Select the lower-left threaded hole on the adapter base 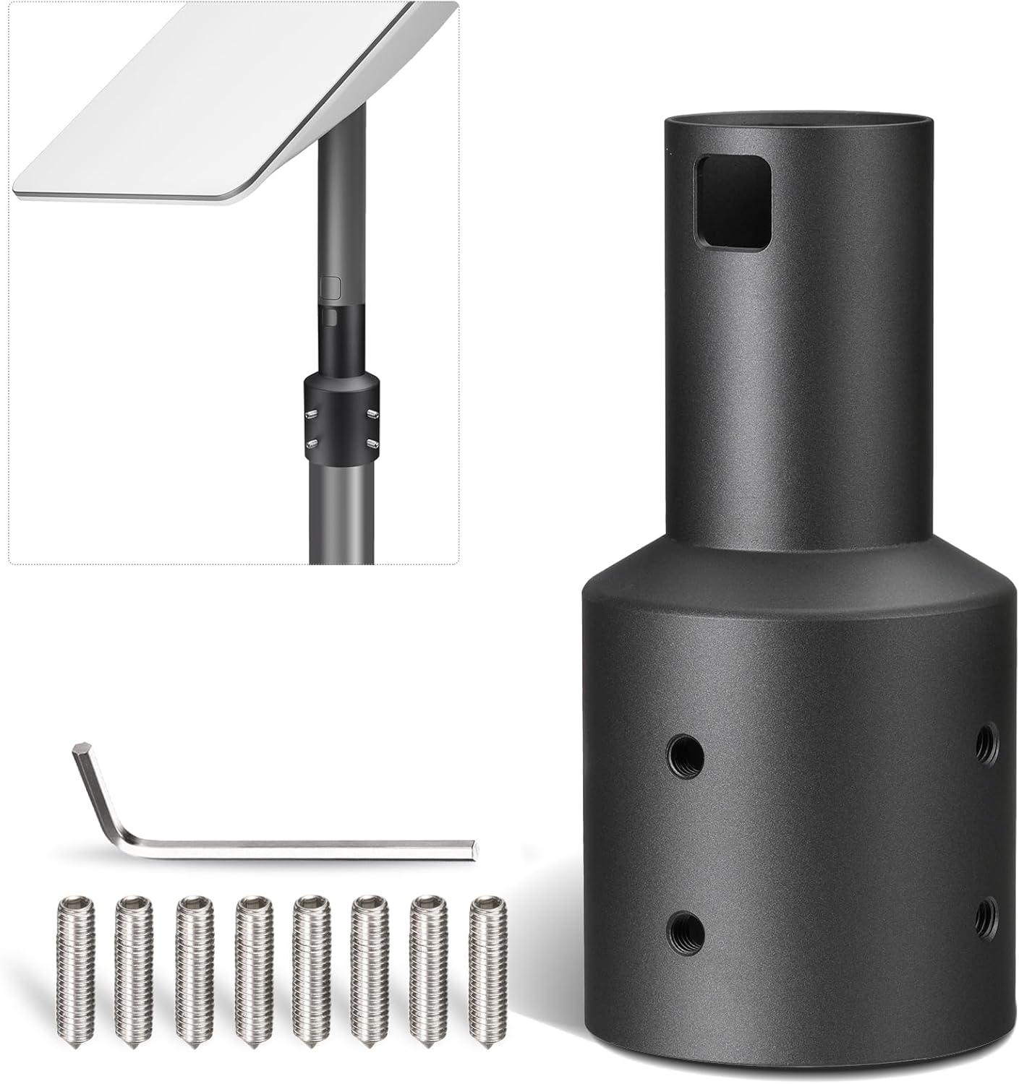[x=683, y=926]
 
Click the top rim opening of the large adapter [x=801, y=121]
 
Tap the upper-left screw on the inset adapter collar [x=312, y=414]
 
